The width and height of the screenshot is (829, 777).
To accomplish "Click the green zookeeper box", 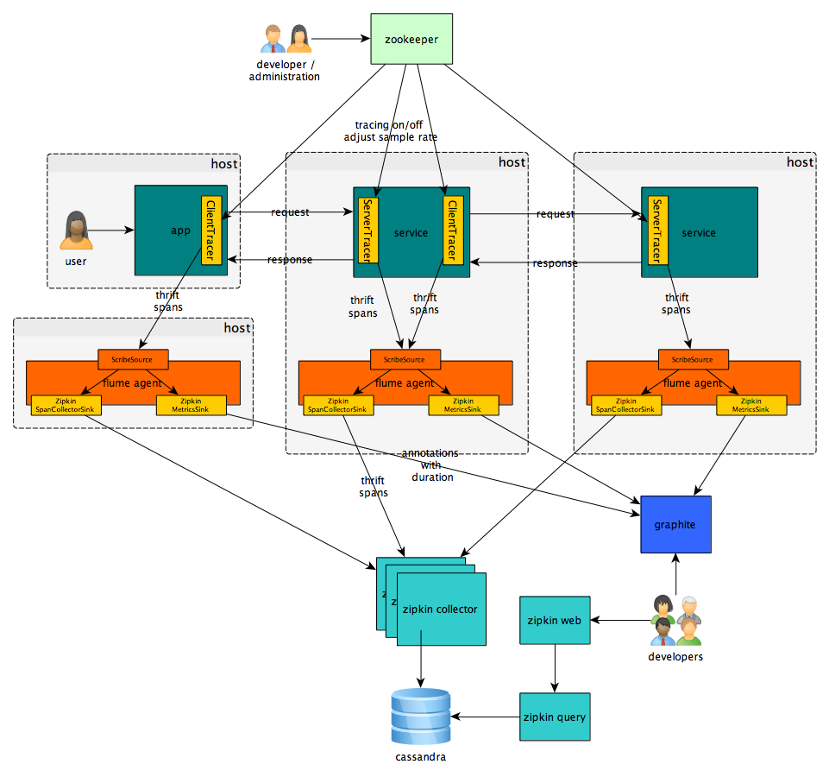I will [x=411, y=38].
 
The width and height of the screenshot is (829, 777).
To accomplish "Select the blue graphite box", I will [x=675, y=524].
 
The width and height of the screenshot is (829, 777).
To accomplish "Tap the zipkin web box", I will [x=555, y=620].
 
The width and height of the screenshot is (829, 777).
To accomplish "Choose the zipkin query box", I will [x=555, y=717].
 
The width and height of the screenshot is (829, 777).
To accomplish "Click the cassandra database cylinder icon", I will [x=421, y=717].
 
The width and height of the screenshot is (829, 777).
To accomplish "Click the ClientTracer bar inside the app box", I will [x=212, y=231].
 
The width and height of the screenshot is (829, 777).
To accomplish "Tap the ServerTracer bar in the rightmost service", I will [x=656, y=231].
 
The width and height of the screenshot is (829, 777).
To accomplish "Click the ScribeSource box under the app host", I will [x=133, y=358].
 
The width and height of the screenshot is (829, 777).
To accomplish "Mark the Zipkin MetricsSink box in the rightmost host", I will [x=750, y=406].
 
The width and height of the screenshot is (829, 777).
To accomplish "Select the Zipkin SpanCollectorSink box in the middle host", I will [x=338, y=406].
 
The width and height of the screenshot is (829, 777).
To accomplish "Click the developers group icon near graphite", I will [x=675, y=620].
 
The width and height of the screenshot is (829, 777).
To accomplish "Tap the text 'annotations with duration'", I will [x=431, y=465].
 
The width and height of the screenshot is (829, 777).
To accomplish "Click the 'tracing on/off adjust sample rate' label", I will [x=391, y=130].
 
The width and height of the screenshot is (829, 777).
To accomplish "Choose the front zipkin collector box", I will [x=441, y=609].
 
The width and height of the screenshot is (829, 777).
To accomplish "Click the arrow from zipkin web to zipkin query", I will [x=555, y=668].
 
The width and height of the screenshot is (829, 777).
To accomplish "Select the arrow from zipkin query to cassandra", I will [x=485, y=717].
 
